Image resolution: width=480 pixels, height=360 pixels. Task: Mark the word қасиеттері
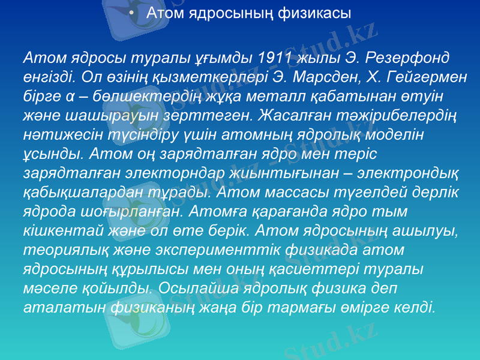333,270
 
